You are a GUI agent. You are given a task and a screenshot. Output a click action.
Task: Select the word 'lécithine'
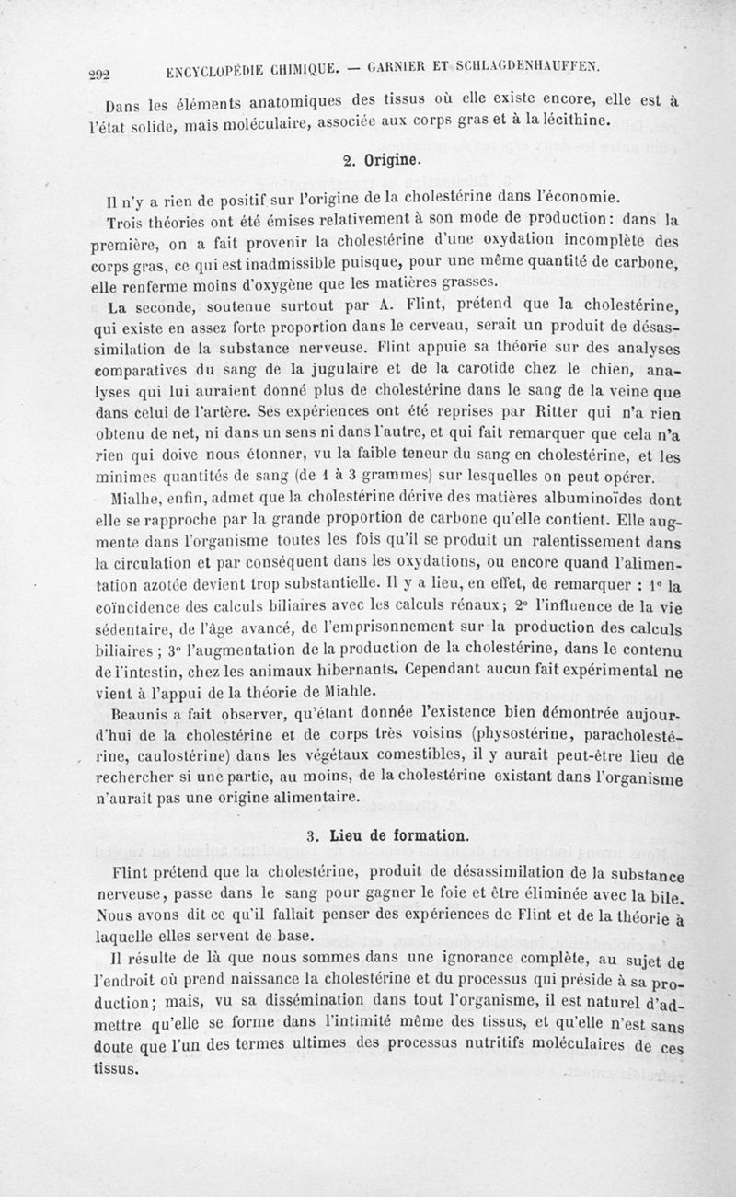[x=571, y=120]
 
